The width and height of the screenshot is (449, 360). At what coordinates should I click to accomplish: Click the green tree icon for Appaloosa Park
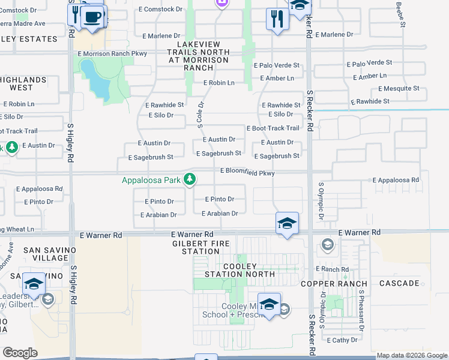click(x=190, y=179)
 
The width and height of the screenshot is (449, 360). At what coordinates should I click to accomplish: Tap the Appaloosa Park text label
click(x=151, y=180)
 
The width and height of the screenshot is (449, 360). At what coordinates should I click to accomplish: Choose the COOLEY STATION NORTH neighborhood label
click(x=240, y=270)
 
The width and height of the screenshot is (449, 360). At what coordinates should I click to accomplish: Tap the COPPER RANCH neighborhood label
click(x=334, y=283)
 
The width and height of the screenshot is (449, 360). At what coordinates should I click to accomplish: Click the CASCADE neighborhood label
click(x=399, y=283)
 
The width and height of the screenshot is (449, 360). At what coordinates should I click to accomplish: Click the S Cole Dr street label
click(x=200, y=112)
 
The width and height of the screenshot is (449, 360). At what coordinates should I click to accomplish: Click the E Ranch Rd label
click(x=334, y=269)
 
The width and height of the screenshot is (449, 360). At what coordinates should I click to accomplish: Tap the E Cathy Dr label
click(x=342, y=340)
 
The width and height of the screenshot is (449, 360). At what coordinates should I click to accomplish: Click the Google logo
click(x=20, y=353)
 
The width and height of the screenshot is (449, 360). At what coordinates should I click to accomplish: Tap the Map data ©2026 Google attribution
click(x=411, y=355)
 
